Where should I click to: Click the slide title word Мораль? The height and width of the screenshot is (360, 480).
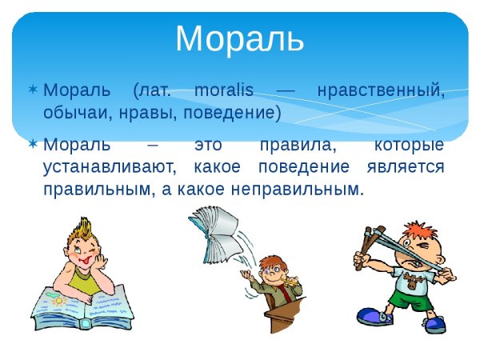pos(239,39)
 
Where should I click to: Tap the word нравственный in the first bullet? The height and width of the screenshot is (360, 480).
pos(380,90)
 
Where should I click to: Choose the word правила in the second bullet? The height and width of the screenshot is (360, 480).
pos(292,146)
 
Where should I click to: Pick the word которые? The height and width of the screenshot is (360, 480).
pos(408,146)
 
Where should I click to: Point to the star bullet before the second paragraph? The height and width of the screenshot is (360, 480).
pos(33,146)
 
